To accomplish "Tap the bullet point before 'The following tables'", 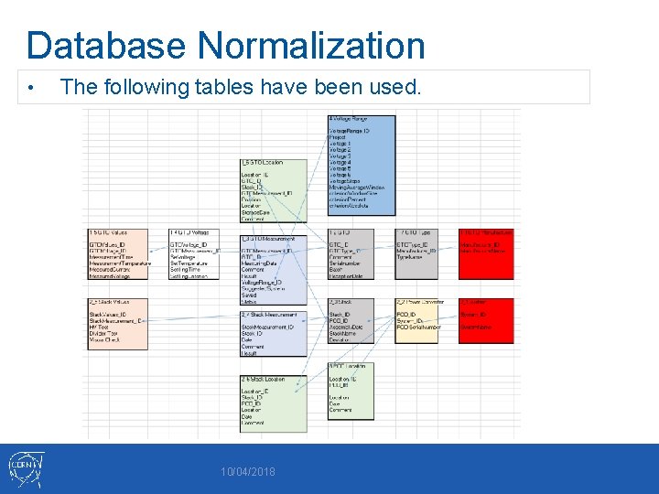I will point(31,88).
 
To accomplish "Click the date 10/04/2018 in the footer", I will point(249,472).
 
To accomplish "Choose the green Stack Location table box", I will point(273,403).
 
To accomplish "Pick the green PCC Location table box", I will point(362,390).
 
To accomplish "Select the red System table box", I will point(486,319).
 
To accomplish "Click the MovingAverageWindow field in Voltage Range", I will point(357,188).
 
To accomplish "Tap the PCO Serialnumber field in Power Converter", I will point(420,327).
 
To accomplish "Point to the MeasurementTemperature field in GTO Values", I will point(120,263).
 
